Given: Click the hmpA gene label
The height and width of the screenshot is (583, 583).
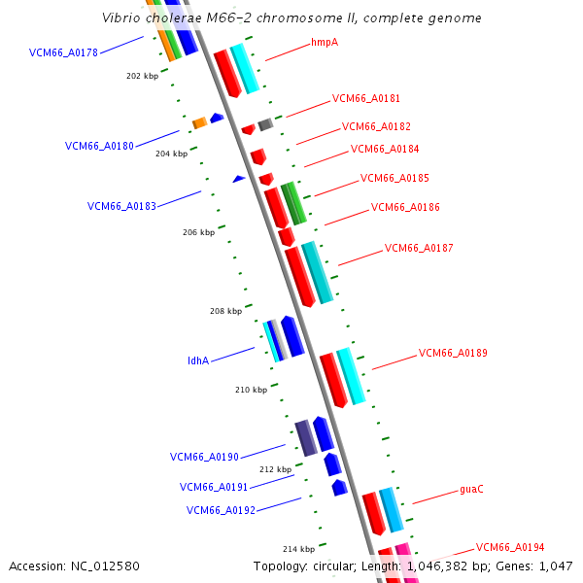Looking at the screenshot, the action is [x=325, y=43].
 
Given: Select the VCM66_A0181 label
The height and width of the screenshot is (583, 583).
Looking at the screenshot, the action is [x=366, y=98].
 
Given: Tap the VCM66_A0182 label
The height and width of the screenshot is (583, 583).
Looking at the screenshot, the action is [x=376, y=126].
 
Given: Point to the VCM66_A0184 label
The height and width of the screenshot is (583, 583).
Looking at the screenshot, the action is [x=385, y=150].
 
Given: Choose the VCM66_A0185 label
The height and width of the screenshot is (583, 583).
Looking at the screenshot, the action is [x=394, y=179].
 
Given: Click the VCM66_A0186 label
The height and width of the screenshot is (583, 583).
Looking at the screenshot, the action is [x=405, y=208].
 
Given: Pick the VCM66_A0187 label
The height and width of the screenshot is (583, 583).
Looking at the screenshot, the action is [x=419, y=249].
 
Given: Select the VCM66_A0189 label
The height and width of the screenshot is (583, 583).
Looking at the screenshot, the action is [x=453, y=354].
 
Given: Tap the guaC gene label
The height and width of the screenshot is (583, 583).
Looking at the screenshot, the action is [x=471, y=490].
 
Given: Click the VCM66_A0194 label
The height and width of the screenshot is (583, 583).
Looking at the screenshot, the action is [x=510, y=548].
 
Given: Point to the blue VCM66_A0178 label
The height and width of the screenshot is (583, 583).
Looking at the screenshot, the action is [x=63, y=53].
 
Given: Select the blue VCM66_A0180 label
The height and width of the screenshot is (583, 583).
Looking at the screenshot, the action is [x=99, y=147].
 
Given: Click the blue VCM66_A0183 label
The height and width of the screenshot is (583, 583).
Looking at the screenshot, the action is [x=121, y=206].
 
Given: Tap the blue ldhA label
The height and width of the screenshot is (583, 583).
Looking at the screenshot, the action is [x=198, y=361].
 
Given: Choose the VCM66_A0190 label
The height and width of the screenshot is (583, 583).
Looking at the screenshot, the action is [x=204, y=457].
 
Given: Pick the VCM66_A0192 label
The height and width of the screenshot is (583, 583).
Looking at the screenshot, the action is [x=221, y=510].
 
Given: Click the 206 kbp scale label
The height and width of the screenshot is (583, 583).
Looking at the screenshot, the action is [x=198, y=233].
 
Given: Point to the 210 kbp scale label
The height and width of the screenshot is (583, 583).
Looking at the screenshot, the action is [x=251, y=391].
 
